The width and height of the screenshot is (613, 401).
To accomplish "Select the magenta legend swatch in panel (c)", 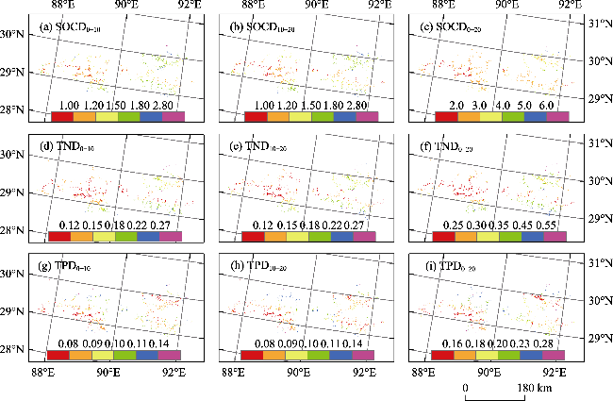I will tap(555, 117).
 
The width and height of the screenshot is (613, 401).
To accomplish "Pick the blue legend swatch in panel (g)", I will tap(148, 355).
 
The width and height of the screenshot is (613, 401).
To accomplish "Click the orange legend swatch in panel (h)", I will tap(274, 355).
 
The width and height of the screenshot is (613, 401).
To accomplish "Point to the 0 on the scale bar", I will tap(465, 389).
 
